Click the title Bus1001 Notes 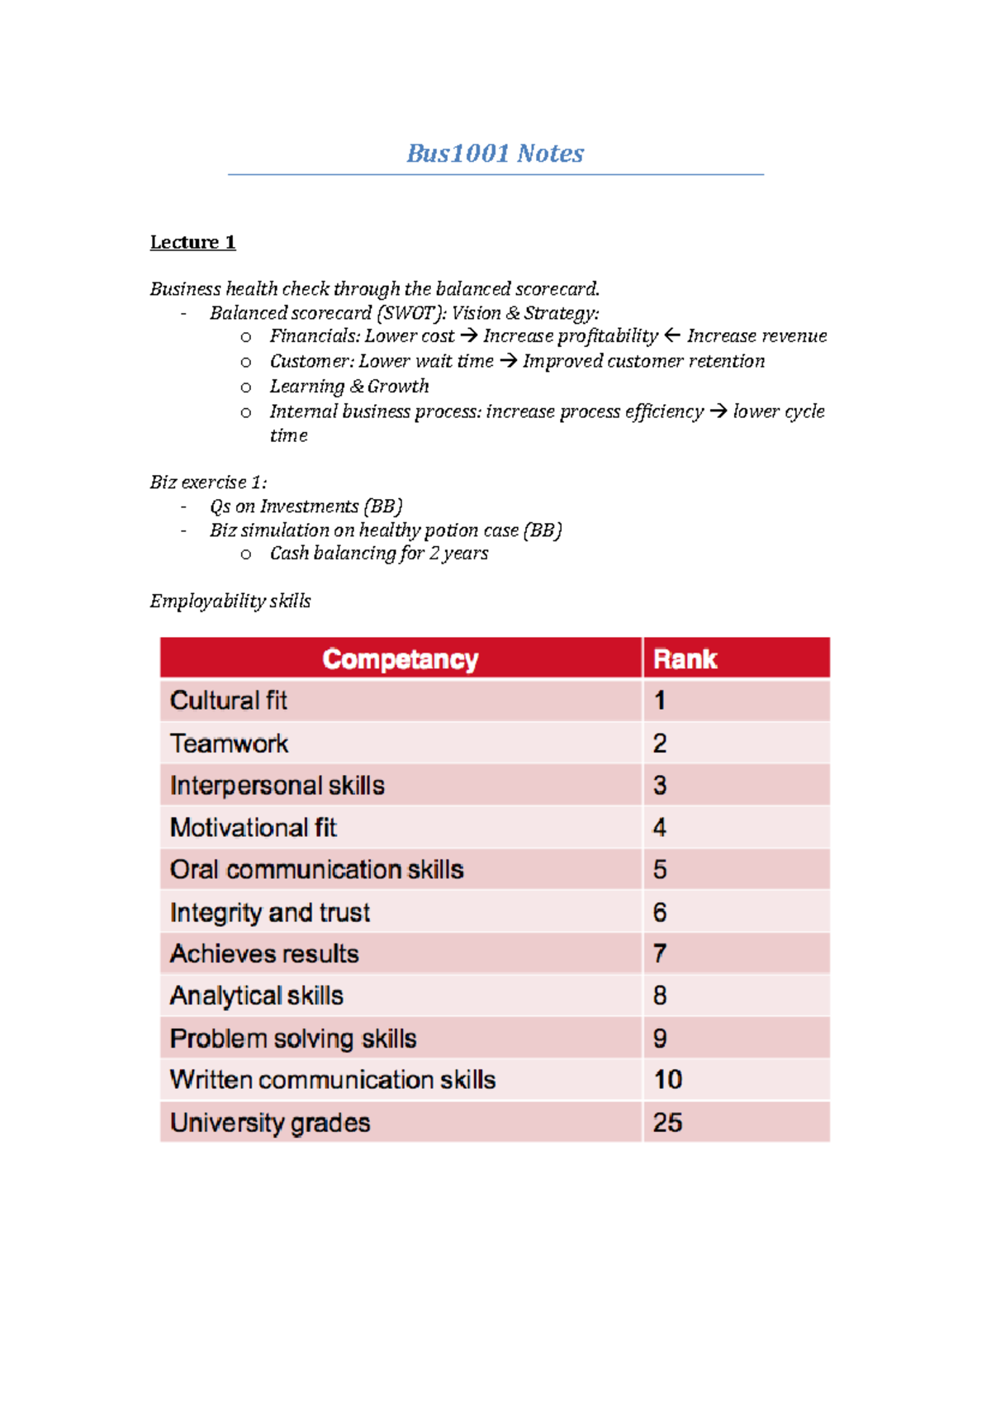pyautogui.click(x=495, y=154)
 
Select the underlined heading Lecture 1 pyautogui.click(x=192, y=242)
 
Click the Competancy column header pyautogui.click(x=401, y=659)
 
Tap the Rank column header pyautogui.click(x=685, y=659)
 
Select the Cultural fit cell pyautogui.click(x=229, y=701)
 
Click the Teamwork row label pyautogui.click(x=229, y=744)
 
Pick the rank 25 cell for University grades pyautogui.click(x=667, y=1122)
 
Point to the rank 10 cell pyautogui.click(x=667, y=1079)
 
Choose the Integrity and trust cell pyautogui.click(x=270, y=912)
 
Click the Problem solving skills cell pyautogui.click(x=293, y=1039)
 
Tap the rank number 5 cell pyautogui.click(x=660, y=869)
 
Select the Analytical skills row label pyautogui.click(x=257, y=996)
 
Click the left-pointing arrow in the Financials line pyautogui.click(x=672, y=335)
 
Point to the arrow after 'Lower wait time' pyautogui.click(x=508, y=361)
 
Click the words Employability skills pyautogui.click(x=230, y=602)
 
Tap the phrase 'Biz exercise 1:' pyautogui.click(x=208, y=483)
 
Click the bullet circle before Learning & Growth pyautogui.click(x=245, y=388)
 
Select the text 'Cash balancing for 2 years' pyautogui.click(x=379, y=554)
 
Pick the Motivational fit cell pyautogui.click(x=254, y=828)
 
